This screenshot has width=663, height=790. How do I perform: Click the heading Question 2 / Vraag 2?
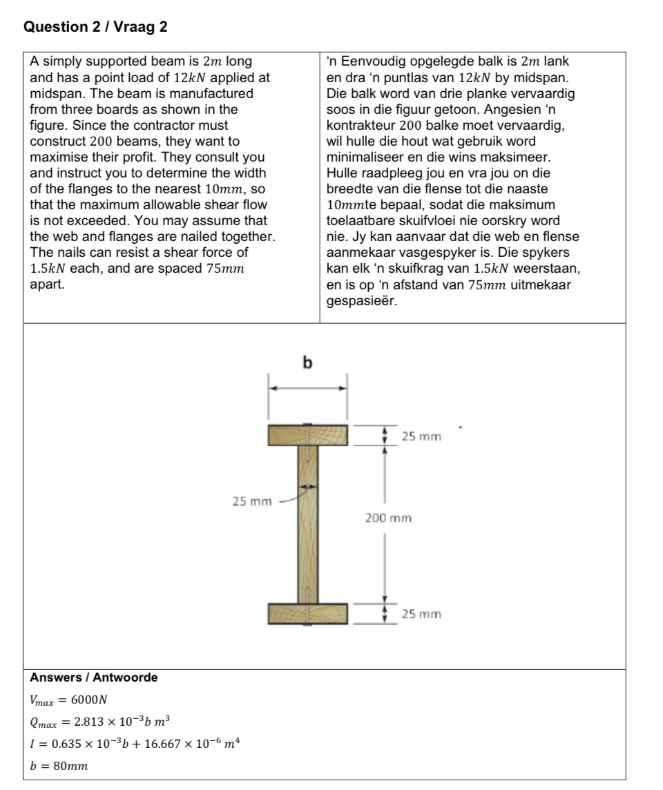click(x=95, y=27)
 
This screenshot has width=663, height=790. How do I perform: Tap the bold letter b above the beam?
click(x=308, y=362)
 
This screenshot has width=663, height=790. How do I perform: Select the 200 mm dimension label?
click(x=388, y=518)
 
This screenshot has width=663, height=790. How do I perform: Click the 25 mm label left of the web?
click(x=251, y=501)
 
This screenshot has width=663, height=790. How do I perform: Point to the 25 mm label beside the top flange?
click(x=421, y=436)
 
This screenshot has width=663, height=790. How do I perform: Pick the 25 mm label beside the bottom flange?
click(x=421, y=614)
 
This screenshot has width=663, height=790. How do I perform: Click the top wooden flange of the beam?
click(x=308, y=436)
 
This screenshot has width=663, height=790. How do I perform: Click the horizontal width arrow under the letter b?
click(x=308, y=388)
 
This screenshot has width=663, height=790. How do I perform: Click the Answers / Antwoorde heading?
click(x=94, y=677)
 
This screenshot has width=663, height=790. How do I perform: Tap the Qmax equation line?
click(x=99, y=722)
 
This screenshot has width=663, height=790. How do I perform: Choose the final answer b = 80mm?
click(x=59, y=766)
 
